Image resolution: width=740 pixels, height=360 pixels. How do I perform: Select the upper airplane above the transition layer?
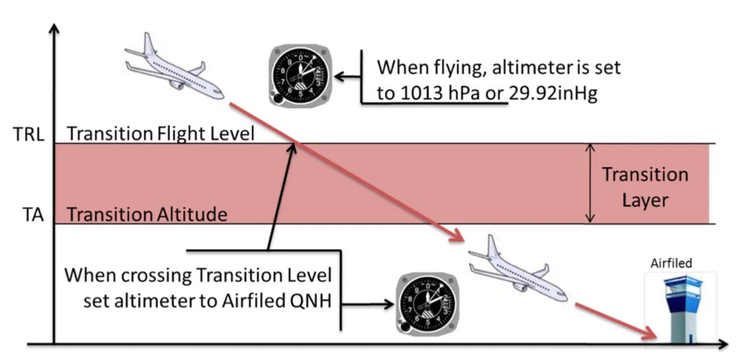(175, 69)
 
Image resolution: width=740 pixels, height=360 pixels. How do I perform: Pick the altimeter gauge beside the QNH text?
(424, 305)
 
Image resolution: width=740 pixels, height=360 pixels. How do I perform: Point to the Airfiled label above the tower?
(671, 263)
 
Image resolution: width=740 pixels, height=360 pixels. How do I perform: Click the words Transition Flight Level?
(160, 134)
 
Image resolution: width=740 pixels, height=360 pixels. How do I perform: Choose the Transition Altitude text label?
(147, 215)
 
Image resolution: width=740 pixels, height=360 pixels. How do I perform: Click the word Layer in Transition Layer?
(645, 199)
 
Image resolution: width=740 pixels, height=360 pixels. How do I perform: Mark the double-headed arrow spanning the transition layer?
(590, 183)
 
